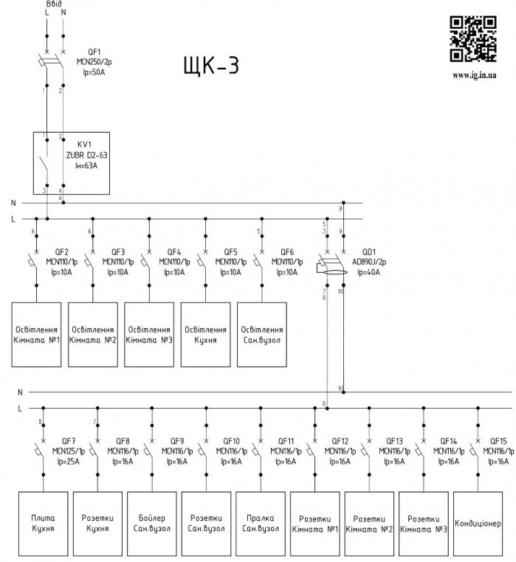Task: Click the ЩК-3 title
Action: tap(210, 66)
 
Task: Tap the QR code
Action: tap(473, 39)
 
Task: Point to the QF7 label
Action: tap(69, 440)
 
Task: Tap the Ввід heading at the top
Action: tap(54, 4)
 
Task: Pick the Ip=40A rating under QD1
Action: tap(368, 272)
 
